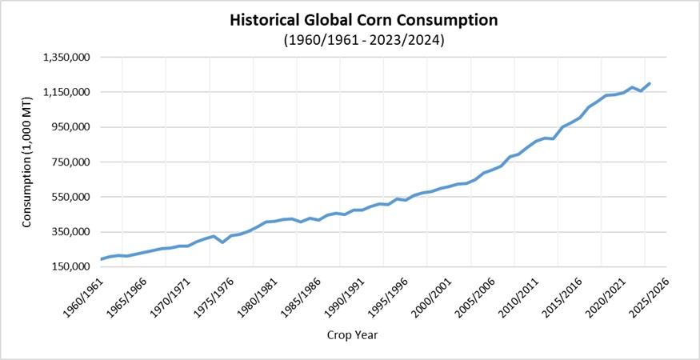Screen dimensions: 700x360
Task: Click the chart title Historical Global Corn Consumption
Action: (x=363, y=21)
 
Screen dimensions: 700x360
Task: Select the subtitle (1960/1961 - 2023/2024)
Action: (x=363, y=40)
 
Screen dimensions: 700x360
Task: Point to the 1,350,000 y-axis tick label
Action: (x=69, y=58)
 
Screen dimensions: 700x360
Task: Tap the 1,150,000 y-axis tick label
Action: (x=69, y=93)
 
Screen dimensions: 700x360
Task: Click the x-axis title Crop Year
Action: (x=352, y=335)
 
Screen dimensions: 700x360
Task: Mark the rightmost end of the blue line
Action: (x=650, y=83)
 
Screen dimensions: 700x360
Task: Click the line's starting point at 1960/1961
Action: (x=101, y=258)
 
